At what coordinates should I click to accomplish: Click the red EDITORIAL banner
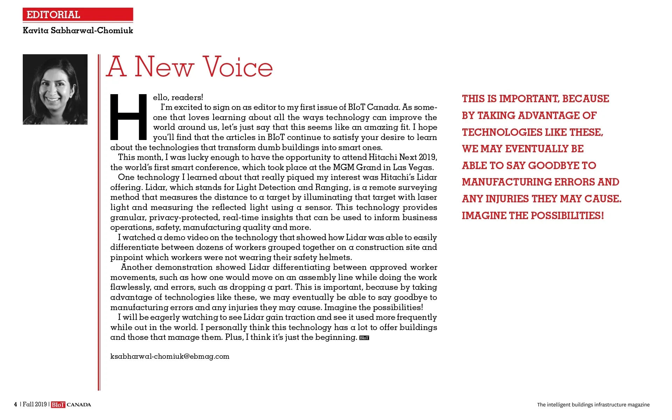coord(78,15)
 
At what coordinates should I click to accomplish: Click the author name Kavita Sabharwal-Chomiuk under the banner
coord(78,30)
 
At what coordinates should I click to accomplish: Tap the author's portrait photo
coord(55,89)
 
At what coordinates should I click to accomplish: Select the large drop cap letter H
coord(129,117)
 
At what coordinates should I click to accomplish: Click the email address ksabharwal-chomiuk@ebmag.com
coord(170,356)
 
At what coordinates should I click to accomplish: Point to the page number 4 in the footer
coord(15,405)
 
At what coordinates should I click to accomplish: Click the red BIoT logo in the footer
coord(58,405)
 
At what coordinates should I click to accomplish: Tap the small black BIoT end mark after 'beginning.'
coord(364,338)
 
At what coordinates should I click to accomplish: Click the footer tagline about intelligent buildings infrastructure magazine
coord(593,405)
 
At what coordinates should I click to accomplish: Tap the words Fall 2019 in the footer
coord(35,405)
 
